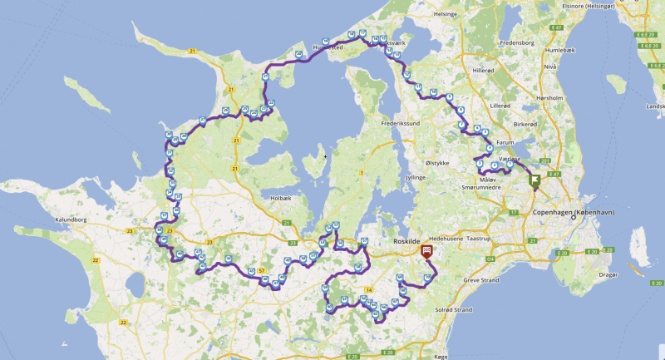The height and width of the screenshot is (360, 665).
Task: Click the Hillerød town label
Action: click(x=488, y=71)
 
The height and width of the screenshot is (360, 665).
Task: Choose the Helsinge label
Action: click(x=446, y=13)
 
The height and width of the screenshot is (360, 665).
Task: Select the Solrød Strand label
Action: click(x=452, y=310)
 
